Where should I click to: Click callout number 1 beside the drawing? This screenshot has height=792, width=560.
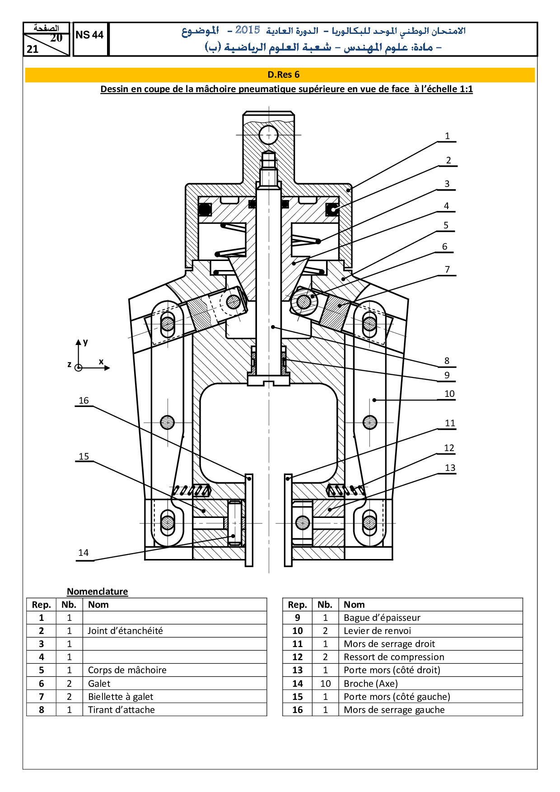(447, 136)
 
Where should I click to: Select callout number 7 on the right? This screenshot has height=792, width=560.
(447, 270)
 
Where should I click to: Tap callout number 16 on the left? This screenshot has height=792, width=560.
(84, 401)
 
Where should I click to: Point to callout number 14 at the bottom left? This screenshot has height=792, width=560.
(84, 553)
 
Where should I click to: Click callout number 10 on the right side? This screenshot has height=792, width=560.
(449, 394)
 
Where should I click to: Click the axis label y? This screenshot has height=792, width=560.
(85, 342)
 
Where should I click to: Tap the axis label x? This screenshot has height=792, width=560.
(101, 361)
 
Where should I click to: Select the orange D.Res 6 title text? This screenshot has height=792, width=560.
(284, 75)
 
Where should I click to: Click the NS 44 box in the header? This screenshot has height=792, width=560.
(90, 35)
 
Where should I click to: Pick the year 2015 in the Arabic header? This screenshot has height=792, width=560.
(247, 30)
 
